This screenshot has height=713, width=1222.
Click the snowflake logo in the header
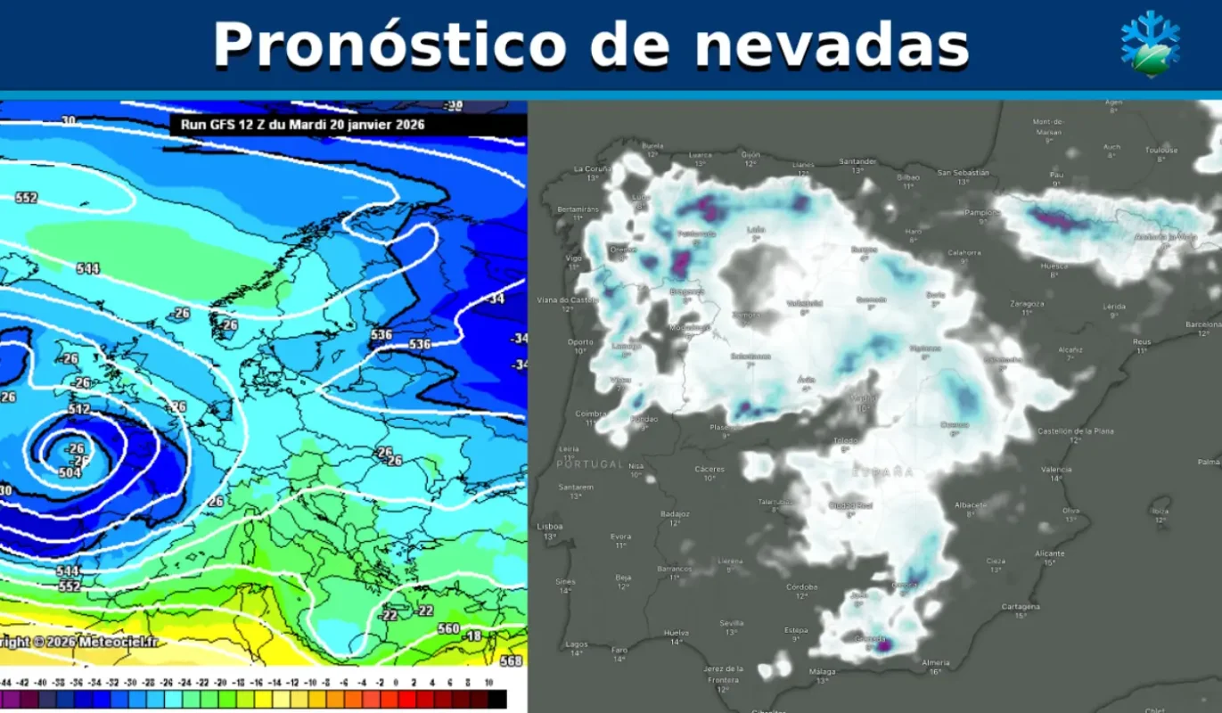1150,45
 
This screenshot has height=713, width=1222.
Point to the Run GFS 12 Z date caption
303,125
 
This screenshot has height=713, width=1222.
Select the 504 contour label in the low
70,472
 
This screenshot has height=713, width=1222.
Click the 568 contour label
511,661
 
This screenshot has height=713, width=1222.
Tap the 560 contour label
448,628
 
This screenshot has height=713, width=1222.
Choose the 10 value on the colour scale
489,682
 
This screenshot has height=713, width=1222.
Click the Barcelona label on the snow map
1203,324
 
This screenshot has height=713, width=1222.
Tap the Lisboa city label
550,527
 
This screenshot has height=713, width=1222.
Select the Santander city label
857,161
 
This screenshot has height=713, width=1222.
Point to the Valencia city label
1055,470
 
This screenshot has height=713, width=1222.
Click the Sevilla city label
731,623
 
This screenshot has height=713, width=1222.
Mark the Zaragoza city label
1027,303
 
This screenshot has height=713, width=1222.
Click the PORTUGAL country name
589,464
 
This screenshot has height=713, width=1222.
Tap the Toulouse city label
1161,150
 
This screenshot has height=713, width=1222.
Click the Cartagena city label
1021,607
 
